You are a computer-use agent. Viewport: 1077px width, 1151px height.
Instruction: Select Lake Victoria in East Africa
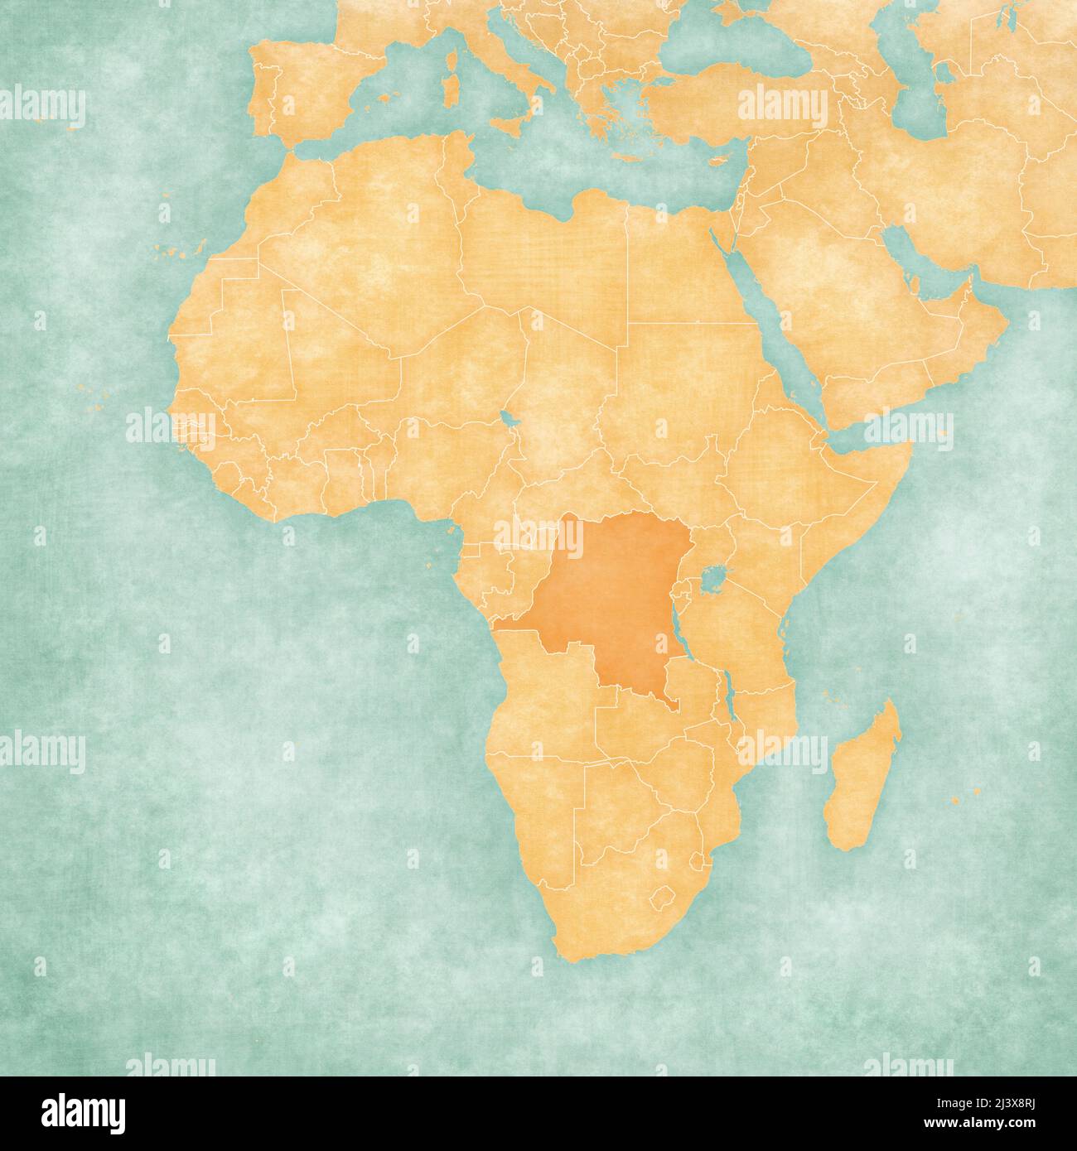(710, 577)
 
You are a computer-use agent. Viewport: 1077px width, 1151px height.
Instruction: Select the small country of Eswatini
(702, 861)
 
